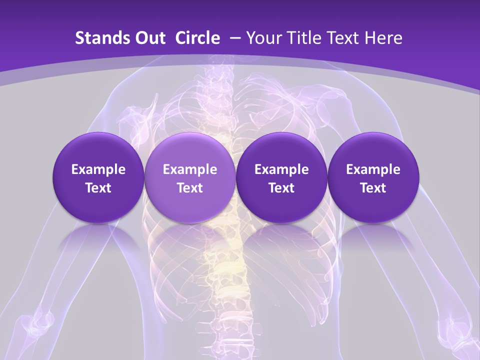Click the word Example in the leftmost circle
[x=98, y=169]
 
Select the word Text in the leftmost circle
[x=98, y=188]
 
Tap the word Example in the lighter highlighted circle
[x=190, y=169]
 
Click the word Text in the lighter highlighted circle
[x=190, y=188]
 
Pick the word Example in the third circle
[x=281, y=169]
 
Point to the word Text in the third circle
[x=281, y=188]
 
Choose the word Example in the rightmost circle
[x=373, y=169]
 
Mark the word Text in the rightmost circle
[x=373, y=188]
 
